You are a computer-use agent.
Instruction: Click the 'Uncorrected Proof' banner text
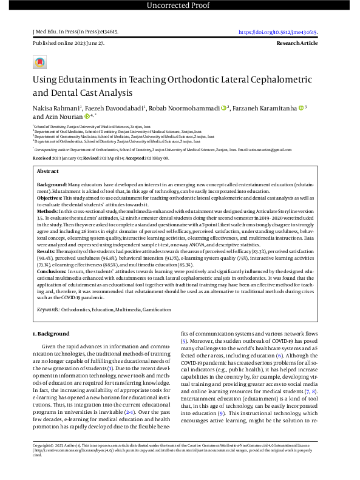(180, 6)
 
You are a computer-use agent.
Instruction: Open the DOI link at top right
(278, 32)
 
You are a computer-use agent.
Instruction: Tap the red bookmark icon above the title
(40, 63)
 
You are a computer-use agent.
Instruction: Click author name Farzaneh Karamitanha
(265, 108)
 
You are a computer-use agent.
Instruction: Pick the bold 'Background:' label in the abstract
(52, 183)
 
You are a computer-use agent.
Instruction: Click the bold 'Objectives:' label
(50, 198)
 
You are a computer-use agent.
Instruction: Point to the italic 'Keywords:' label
(48, 309)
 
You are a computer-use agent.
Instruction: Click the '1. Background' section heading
(52, 334)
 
